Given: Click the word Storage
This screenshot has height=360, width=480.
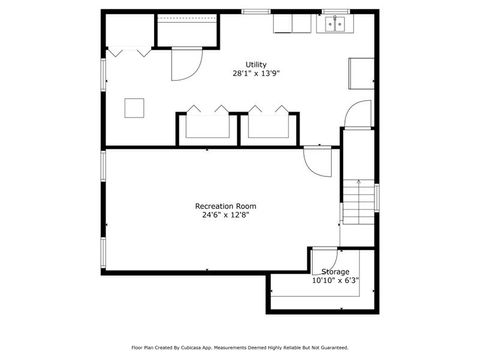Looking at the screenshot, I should (x=335, y=272).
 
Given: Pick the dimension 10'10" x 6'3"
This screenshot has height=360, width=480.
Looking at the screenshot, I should (x=335, y=281).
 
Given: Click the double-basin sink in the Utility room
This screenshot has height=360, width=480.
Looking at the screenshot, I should (x=333, y=23).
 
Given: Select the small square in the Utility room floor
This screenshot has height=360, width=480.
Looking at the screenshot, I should (x=132, y=107).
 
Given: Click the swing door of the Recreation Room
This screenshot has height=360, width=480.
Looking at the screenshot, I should (x=317, y=159).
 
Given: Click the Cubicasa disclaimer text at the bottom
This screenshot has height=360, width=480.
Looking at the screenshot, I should (x=240, y=348).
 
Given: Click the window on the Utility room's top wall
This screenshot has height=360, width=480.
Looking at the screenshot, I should (x=256, y=11).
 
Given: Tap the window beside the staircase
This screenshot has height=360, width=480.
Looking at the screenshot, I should (x=377, y=197).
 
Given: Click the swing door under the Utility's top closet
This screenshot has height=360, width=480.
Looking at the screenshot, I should (x=184, y=64).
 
